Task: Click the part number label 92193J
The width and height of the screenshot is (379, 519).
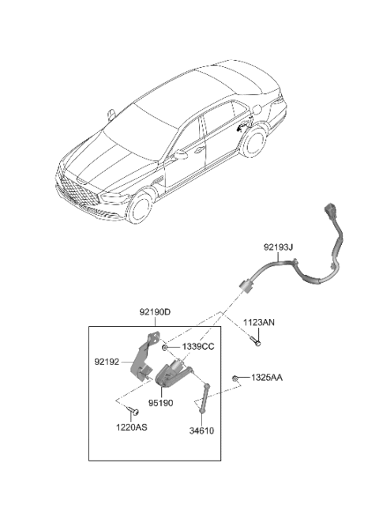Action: point(279,247)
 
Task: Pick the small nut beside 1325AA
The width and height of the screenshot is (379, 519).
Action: point(236,380)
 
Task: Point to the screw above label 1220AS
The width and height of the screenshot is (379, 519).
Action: point(133,412)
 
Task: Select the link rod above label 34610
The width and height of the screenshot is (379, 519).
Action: point(203,398)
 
